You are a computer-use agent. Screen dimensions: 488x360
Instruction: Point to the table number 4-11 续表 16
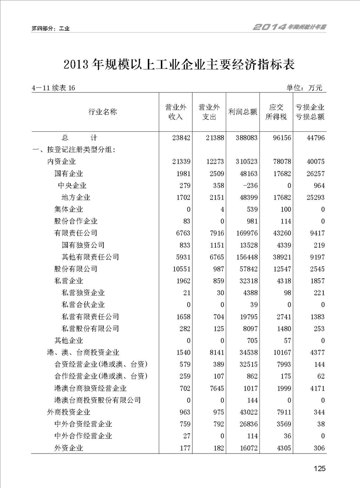(54, 88)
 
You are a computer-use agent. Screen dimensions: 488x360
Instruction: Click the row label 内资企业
(62, 162)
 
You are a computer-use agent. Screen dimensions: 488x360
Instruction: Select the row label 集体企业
(68, 209)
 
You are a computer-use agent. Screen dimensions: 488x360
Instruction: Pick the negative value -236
(248, 185)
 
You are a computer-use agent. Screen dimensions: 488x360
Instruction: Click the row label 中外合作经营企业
(83, 436)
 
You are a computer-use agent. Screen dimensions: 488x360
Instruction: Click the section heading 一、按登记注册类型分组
(73, 150)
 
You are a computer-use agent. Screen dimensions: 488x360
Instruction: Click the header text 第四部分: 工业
(50, 28)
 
